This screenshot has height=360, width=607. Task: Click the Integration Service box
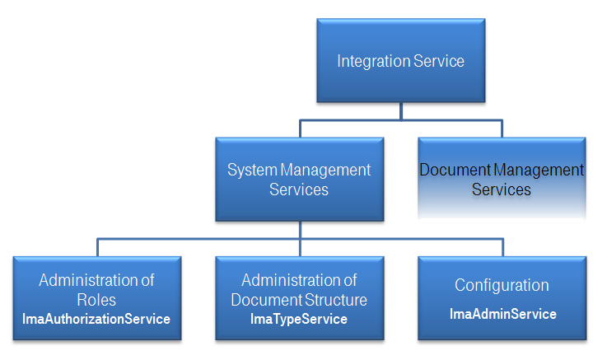coord(400,60)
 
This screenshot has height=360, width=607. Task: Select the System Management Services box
coord(299,179)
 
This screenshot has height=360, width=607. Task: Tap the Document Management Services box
coord(502,179)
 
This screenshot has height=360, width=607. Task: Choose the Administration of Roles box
coord(96,297)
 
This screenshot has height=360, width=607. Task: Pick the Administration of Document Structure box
coord(299,297)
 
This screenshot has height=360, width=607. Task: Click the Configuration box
coord(502,297)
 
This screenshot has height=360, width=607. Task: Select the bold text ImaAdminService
coord(502,314)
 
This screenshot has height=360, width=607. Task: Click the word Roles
coord(96,300)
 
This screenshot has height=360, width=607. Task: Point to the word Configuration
coord(502,285)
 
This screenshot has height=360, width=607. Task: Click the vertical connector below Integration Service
coord(400,111)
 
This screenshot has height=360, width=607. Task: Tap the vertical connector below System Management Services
coord(300,230)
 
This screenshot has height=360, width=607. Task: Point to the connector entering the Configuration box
coord(502,248)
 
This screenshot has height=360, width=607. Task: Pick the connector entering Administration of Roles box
coord(97,248)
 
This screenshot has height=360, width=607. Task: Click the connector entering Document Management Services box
coord(502,129)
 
